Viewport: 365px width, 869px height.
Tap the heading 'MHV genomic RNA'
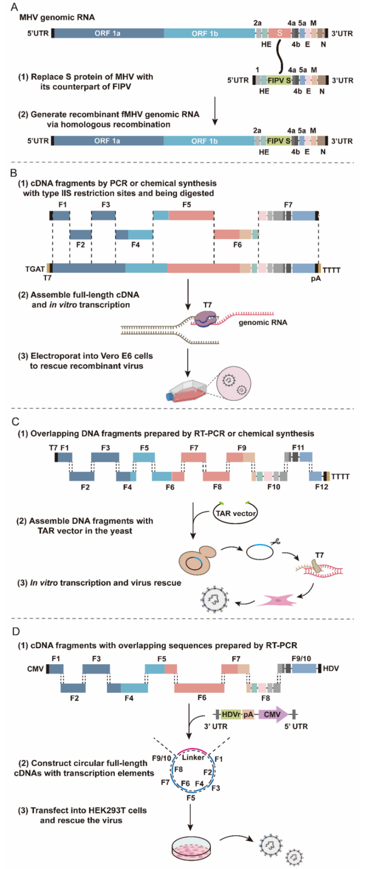pyautogui.click(x=57, y=18)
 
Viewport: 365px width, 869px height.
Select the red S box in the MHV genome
pyautogui.click(x=279, y=33)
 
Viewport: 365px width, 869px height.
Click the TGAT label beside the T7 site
pyautogui.click(x=35, y=269)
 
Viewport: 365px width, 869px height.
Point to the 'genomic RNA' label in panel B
pyautogui.click(x=263, y=322)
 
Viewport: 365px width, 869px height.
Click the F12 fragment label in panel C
pyautogui.click(x=322, y=487)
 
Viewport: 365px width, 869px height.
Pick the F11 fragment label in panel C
pyautogui.click(x=298, y=447)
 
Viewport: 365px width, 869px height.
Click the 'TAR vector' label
pyautogui.click(x=236, y=513)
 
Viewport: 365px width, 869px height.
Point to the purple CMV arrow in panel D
pyautogui.click(x=274, y=714)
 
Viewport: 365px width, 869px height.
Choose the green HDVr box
pyautogui.click(x=230, y=714)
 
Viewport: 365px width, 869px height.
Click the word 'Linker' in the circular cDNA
pyautogui.click(x=193, y=757)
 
